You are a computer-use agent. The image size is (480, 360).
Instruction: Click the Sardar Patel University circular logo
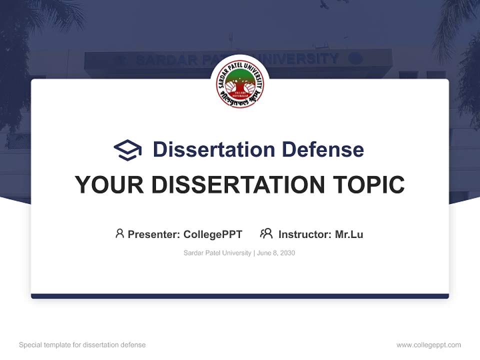coord(240,82)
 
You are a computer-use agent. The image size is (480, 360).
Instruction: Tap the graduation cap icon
coord(127,149)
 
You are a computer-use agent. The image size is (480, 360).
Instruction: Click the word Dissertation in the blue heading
coord(213,149)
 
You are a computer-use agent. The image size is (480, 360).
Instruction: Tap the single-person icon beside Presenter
coord(119,233)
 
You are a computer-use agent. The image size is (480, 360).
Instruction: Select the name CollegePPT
coord(213,234)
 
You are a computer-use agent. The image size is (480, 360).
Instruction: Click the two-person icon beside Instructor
coord(266,233)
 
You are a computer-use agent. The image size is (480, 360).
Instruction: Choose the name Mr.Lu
coord(349,234)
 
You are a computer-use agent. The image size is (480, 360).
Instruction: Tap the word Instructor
coord(304,234)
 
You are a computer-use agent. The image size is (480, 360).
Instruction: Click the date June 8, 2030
coord(276,253)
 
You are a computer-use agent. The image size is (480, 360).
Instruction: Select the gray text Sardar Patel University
coord(217,253)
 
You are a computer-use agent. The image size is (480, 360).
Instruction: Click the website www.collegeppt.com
coord(428,345)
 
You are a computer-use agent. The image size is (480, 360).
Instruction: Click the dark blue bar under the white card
coord(240,296)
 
